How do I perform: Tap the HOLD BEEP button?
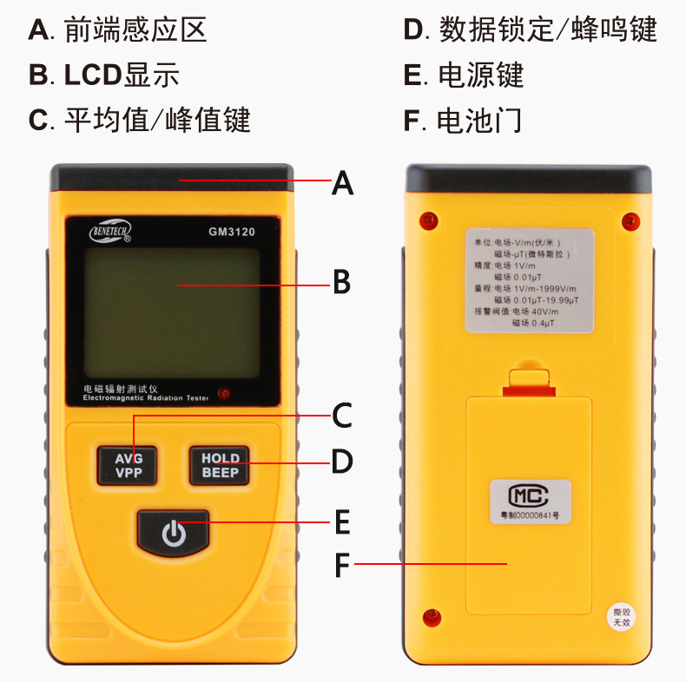(x=220, y=465)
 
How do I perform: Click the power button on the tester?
(x=174, y=532)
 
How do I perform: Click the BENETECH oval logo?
(x=110, y=233)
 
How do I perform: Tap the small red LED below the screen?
(x=225, y=393)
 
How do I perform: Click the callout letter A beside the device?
(x=343, y=183)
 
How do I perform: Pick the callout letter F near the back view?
(x=343, y=565)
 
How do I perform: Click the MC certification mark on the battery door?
(x=529, y=495)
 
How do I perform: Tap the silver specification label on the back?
(x=529, y=280)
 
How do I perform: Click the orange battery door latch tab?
(x=529, y=381)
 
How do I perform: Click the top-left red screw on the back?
(x=427, y=220)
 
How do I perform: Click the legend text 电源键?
(x=480, y=75)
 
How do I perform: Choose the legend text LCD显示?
(x=121, y=75)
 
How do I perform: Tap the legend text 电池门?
(x=479, y=120)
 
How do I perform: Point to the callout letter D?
(x=343, y=462)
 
